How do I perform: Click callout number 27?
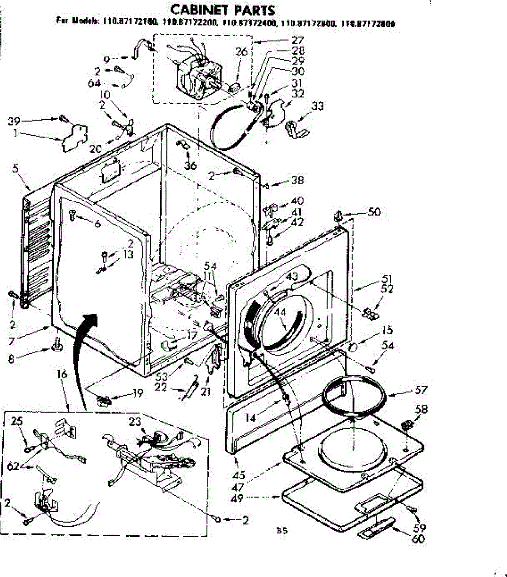pos(298,40)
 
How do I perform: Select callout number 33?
pos(317,106)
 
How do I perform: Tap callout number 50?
pos(374,212)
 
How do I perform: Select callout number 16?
pos(62,375)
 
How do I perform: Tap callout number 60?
pos(418,539)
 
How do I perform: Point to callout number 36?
pos(191,165)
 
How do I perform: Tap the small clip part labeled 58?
pos(406,425)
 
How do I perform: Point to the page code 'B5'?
pos(281,531)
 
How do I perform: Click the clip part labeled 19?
pos(103,399)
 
